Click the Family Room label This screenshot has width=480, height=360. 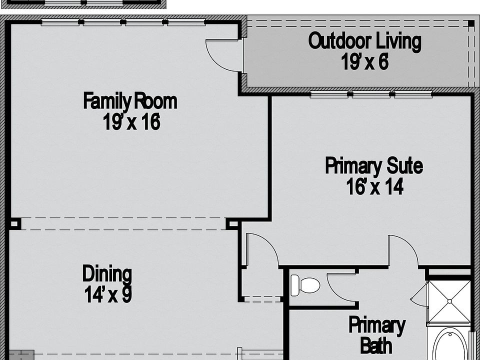(130, 101)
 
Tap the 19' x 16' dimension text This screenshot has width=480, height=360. (131, 122)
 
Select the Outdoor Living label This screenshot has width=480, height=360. (364, 41)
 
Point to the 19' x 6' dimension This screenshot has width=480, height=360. (365, 62)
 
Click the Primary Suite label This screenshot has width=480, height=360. (374, 165)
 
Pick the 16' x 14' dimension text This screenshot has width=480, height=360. (374, 187)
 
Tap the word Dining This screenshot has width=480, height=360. (107, 274)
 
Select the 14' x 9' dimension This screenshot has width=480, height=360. (107, 294)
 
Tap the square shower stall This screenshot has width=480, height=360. (449, 301)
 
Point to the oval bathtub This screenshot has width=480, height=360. (449, 345)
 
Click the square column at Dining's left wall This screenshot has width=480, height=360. (14, 223)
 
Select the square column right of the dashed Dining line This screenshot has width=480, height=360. (232, 223)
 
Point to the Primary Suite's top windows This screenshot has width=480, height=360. (370, 94)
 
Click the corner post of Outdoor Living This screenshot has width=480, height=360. (470, 23)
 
